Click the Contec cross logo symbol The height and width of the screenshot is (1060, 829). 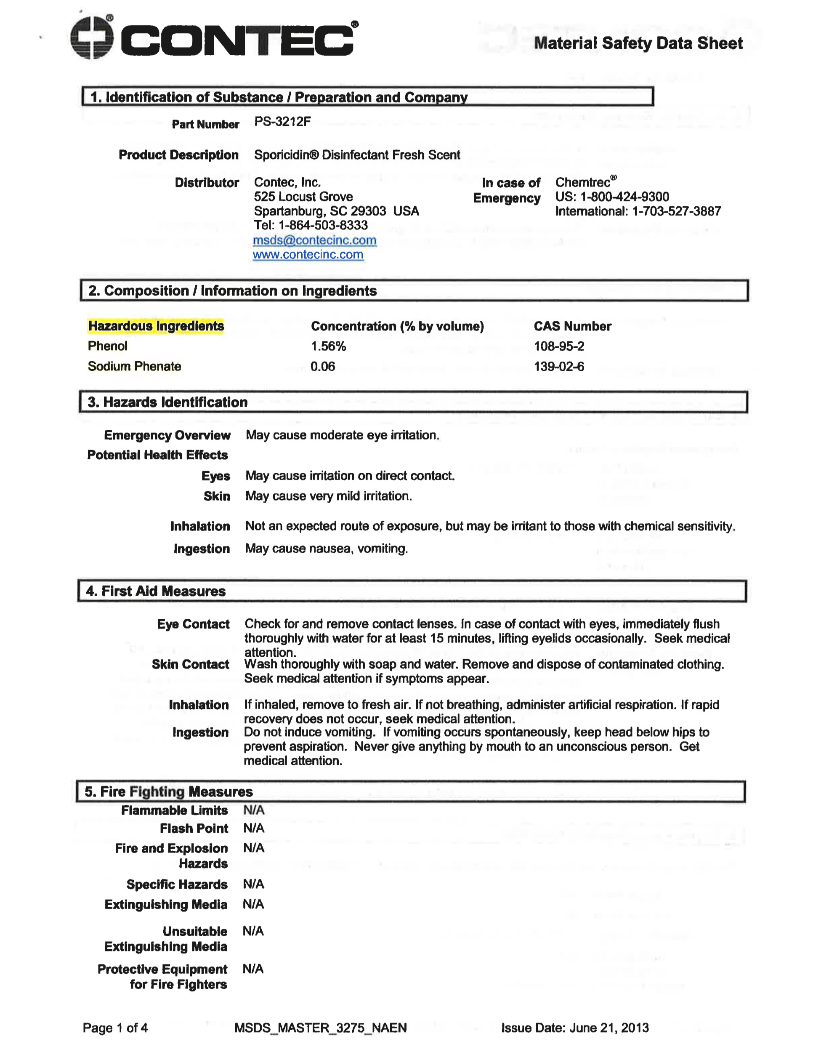[92, 37]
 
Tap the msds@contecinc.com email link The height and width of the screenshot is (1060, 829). [314, 240]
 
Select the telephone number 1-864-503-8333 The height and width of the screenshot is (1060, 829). [323, 225]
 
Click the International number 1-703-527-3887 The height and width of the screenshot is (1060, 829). [676, 211]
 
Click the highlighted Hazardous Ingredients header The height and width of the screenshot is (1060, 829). [156, 326]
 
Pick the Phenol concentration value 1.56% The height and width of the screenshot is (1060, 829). [328, 346]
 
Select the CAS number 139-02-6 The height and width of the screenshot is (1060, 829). [559, 367]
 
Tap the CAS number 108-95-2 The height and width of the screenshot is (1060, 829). [559, 346]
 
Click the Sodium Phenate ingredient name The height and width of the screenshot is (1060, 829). [134, 367]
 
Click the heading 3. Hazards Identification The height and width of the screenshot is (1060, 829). [167, 402]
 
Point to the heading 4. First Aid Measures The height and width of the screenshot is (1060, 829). [156, 591]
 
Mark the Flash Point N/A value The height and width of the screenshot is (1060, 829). [254, 828]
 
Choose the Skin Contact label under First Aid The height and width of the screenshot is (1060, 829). [190, 664]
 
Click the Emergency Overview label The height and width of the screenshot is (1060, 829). [167, 435]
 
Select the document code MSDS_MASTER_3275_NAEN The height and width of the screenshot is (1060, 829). [320, 1028]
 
